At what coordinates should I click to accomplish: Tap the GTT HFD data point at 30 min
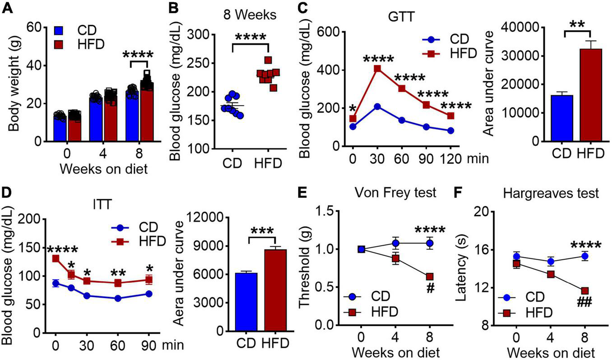(377, 69)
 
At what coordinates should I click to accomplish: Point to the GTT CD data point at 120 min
(450, 131)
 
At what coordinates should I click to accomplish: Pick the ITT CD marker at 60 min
(118, 298)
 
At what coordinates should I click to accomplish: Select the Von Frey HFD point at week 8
(430, 276)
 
